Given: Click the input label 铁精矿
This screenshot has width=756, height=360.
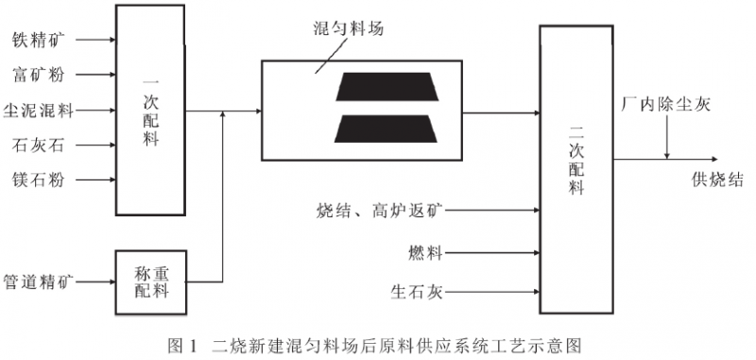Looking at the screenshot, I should pos(38,41).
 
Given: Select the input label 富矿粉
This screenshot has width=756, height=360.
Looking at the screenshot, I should pos(38,76).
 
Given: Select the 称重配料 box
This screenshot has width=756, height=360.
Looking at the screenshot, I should pos(150,282).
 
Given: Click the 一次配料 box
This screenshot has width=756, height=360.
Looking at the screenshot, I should pos(150,109).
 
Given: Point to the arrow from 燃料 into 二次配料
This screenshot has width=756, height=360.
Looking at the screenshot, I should pos(491,252).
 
